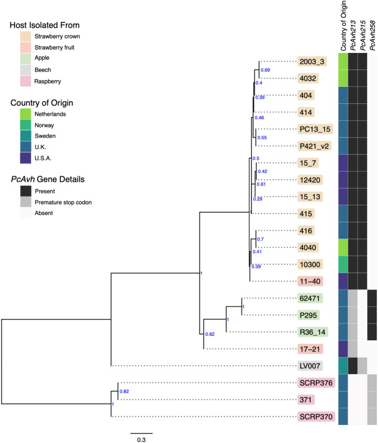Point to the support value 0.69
click(x=266, y=69)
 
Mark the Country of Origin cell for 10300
click(x=342, y=264)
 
